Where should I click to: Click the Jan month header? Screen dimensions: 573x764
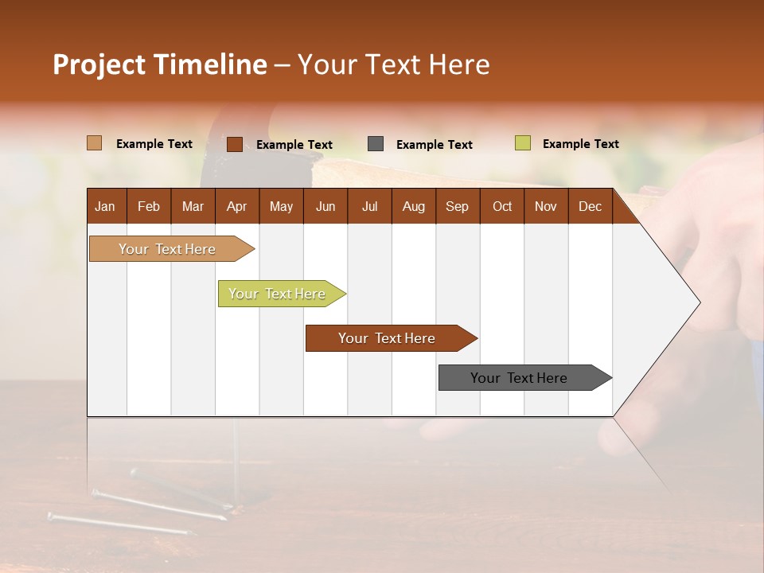pyautogui.click(x=105, y=206)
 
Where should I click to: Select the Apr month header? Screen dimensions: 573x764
pyautogui.click(x=236, y=206)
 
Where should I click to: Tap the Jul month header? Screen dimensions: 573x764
pyautogui.click(x=369, y=206)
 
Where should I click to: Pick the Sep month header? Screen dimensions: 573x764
pyautogui.click(x=457, y=206)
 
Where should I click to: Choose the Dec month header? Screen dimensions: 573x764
pyautogui.click(x=590, y=206)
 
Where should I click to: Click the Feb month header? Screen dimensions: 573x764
pyautogui.click(x=149, y=206)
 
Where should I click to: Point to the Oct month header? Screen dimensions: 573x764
pyautogui.click(x=502, y=206)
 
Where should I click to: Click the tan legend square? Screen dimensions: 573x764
pyautogui.click(x=94, y=143)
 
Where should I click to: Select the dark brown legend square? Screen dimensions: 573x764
pyautogui.click(x=234, y=144)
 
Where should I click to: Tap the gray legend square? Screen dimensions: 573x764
pyautogui.click(x=376, y=144)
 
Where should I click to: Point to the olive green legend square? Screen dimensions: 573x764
pyautogui.click(x=522, y=143)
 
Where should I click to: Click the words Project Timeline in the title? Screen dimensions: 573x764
pyautogui.click(x=160, y=64)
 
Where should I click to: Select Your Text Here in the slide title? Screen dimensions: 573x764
pyautogui.click(x=393, y=64)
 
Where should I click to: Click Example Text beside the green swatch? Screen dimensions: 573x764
pyautogui.click(x=580, y=144)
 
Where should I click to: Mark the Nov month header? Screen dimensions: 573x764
pyautogui.click(x=546, y=206)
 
